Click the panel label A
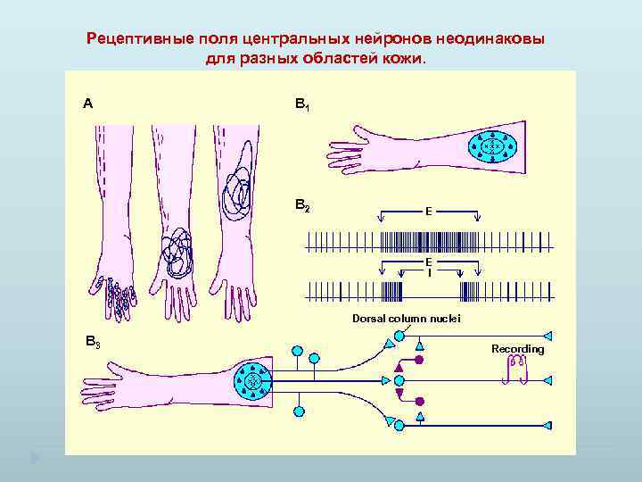click(87, 104)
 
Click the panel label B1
click(302, 104)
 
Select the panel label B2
click(302, 206)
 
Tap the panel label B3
click(92, 341)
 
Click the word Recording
click(517, 349)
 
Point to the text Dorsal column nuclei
click(406, 318)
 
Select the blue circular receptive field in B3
click(257, 382)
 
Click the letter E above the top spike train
click(429, 212)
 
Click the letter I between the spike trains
click(429, 273)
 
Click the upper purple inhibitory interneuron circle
click(419, 360)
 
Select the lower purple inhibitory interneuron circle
click(419, 402)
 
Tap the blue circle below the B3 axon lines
click(299, 412)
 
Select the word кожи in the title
click(407, 59)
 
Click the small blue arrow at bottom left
click(35, 459)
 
